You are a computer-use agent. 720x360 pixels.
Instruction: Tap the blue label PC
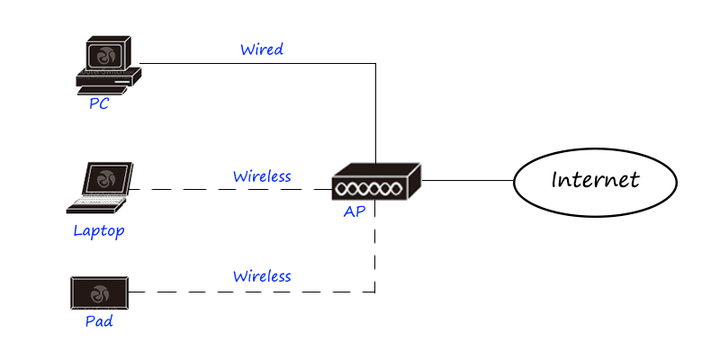(99, 103)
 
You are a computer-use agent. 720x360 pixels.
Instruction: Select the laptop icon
(101, 187)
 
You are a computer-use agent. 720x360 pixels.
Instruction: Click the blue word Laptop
(99, 231)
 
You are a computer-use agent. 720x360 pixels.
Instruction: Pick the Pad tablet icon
(99, 292)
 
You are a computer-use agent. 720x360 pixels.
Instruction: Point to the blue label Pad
(99, 320)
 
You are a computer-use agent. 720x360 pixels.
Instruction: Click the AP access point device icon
(376, 183)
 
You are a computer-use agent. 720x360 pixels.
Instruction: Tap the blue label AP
(355, 212)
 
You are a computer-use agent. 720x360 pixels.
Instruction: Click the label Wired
(262, 49)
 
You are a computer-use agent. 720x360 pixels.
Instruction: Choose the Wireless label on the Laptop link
(262, 176)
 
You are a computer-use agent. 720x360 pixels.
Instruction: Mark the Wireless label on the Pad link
(262, 275)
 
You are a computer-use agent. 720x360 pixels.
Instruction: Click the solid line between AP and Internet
(468, 181)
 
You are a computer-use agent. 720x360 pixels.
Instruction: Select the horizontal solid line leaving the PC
(252, 63)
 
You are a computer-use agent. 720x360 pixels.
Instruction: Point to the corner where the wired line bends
(375, 63)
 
